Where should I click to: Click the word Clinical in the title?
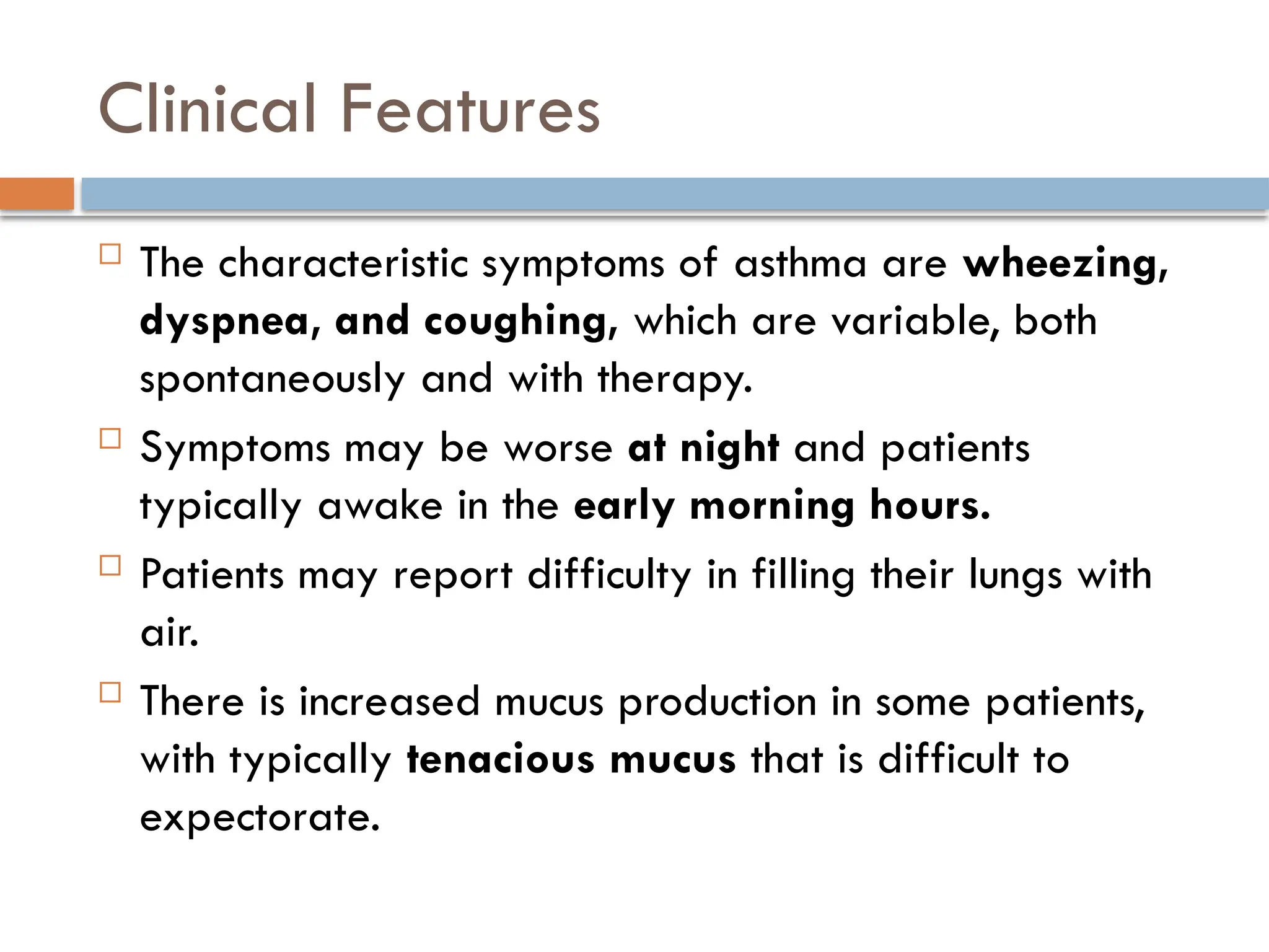(x=208, y=109)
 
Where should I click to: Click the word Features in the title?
(x=470, y=109)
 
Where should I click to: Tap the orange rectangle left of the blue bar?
(x=37, y=193)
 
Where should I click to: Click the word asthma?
(x=800, y=263)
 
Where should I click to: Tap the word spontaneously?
(x=272, y=379)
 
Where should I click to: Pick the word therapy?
(x=674, y=379)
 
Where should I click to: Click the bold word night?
(x=729, y=447)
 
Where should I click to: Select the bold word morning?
(x=772, y=506)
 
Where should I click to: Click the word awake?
(x=380, y=506)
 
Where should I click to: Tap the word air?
(x=169, y=633)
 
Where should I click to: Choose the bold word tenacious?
(x=501, y=760)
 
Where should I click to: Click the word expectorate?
(x=260, y=818)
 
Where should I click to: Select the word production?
(x=718, y=703)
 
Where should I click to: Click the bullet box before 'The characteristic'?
(x=110, y=254)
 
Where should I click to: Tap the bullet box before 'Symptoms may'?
(x=110, y=438)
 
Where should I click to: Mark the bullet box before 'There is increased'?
(x=110, y=692)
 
